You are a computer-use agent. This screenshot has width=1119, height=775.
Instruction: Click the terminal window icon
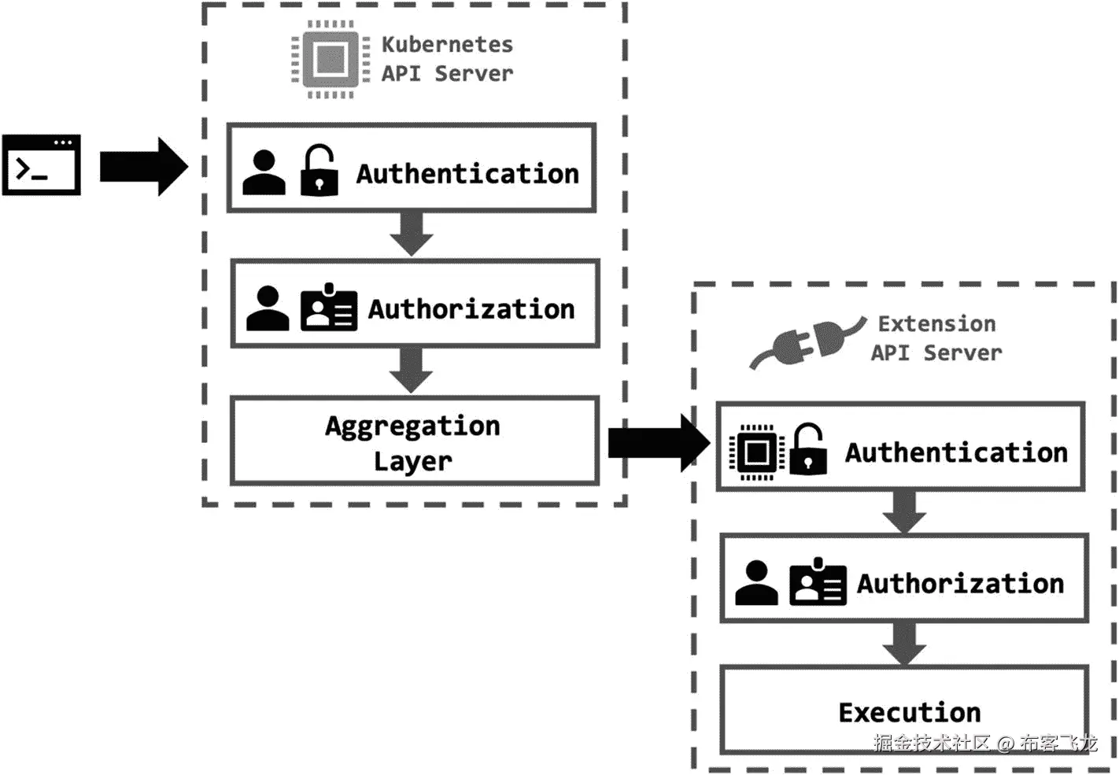point(41,165)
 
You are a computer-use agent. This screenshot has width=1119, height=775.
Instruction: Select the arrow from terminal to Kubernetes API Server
point(143,167)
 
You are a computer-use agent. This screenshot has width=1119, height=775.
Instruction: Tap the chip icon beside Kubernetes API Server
point(331,59)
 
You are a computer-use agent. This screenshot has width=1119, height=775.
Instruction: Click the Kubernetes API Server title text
point(447,59)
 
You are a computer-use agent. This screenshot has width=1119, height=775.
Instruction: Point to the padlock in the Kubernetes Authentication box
point(319,171)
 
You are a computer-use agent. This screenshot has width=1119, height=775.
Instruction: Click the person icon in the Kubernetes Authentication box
point(264,172)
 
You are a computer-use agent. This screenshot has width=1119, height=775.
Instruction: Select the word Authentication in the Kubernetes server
point(467,173)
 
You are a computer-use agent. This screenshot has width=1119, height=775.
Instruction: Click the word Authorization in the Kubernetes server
point(471,309)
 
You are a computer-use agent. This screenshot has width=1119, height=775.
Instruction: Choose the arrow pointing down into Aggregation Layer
point(412,370)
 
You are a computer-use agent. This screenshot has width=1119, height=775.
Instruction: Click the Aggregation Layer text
point(413,443)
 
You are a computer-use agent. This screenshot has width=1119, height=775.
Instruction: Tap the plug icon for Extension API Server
point(807,343)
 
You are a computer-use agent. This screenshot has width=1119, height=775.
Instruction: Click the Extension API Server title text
point(936,338)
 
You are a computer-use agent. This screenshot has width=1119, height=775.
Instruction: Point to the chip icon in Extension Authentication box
point(756,452)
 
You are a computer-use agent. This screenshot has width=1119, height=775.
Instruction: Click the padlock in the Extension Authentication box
point(808,450)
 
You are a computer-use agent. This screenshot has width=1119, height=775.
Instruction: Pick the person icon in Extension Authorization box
point(756,583)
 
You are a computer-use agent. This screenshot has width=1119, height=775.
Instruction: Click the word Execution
point(910,712)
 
